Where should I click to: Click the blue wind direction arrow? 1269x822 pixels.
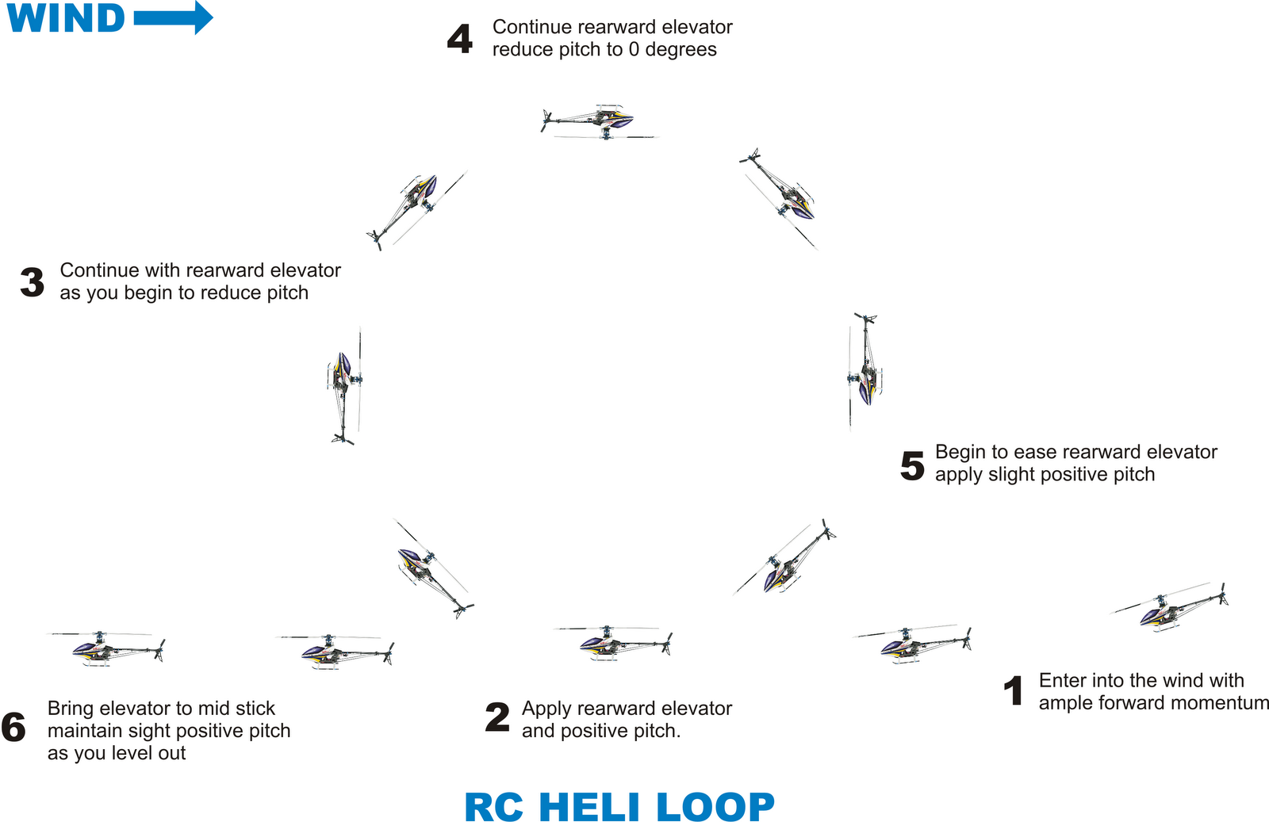173,17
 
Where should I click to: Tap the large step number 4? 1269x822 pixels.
460,39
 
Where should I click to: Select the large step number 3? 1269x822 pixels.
32,282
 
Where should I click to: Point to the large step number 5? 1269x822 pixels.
912,465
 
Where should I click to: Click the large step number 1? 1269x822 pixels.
1013,691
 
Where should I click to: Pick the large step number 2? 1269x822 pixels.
497,718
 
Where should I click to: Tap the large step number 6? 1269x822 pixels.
13,728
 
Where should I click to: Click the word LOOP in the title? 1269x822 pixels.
715,808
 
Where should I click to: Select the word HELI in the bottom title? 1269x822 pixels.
588,808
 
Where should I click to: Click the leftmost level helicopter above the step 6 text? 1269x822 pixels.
111,648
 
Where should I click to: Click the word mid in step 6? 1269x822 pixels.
217,708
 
